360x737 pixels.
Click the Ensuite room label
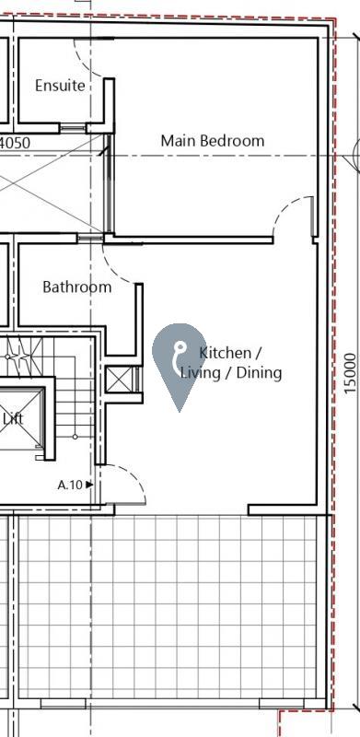(x=60, y=86)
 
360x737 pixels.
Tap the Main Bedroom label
(x=212, y=141)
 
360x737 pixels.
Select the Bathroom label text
(x=76, y=287)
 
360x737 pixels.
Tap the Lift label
(x=13, y=418)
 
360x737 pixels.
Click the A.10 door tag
(x=70, y=484)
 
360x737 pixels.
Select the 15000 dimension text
(x=348, y=374)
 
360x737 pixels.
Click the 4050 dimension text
(x=15, y=144)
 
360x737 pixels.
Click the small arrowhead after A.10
(x=89, y=484)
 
